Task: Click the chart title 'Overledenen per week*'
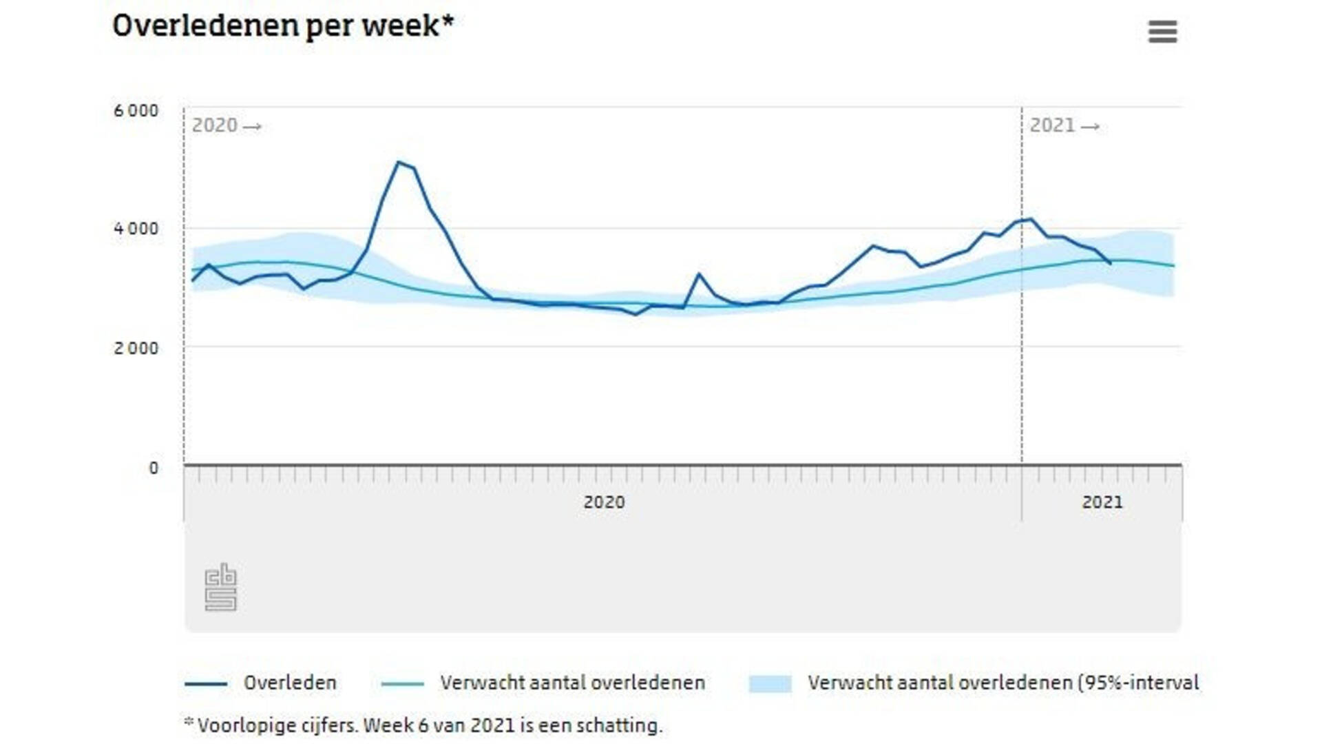283,26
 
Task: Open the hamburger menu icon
1162,32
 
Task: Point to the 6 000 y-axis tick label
136,111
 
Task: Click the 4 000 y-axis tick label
136,229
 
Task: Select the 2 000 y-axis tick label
136,349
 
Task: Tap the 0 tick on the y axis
154,468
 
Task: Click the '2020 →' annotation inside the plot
226,126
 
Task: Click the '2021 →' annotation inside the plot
1064,126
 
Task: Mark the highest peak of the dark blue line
398,162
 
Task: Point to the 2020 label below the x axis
604,502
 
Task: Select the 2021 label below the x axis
1102,502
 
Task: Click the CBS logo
220,588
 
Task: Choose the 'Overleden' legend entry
290,683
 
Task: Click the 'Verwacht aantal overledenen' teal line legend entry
572,683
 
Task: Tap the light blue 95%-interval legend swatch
770,683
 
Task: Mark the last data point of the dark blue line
1110,263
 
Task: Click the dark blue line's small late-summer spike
699,274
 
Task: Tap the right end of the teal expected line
1173,266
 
